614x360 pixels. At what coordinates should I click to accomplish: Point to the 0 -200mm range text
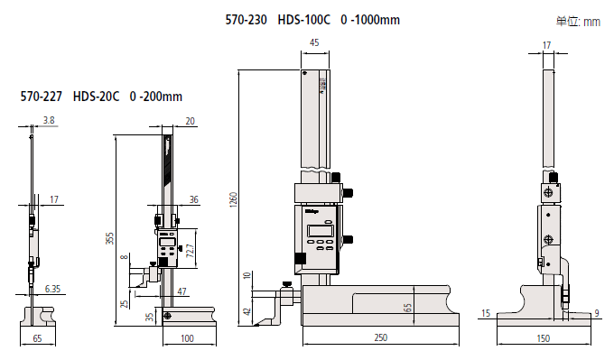tap(156, 96)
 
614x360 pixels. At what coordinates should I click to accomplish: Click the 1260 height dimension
tap(233, 199)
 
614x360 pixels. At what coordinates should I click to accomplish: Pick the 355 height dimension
tap(109, 239)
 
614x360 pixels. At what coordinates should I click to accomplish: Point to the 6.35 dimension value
tap(53, 289)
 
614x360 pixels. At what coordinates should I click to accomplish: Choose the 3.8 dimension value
tap(49, 120)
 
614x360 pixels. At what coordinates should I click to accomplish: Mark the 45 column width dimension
tap(313, 43)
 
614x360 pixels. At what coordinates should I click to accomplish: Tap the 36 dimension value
tap(194, 199)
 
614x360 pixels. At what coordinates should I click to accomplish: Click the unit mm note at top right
tap(579, 22)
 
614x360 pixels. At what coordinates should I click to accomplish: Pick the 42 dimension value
tap(247, 311)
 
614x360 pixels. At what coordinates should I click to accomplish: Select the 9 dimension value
tap(597, 313)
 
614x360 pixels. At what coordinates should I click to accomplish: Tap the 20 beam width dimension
tap(190, 120)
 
